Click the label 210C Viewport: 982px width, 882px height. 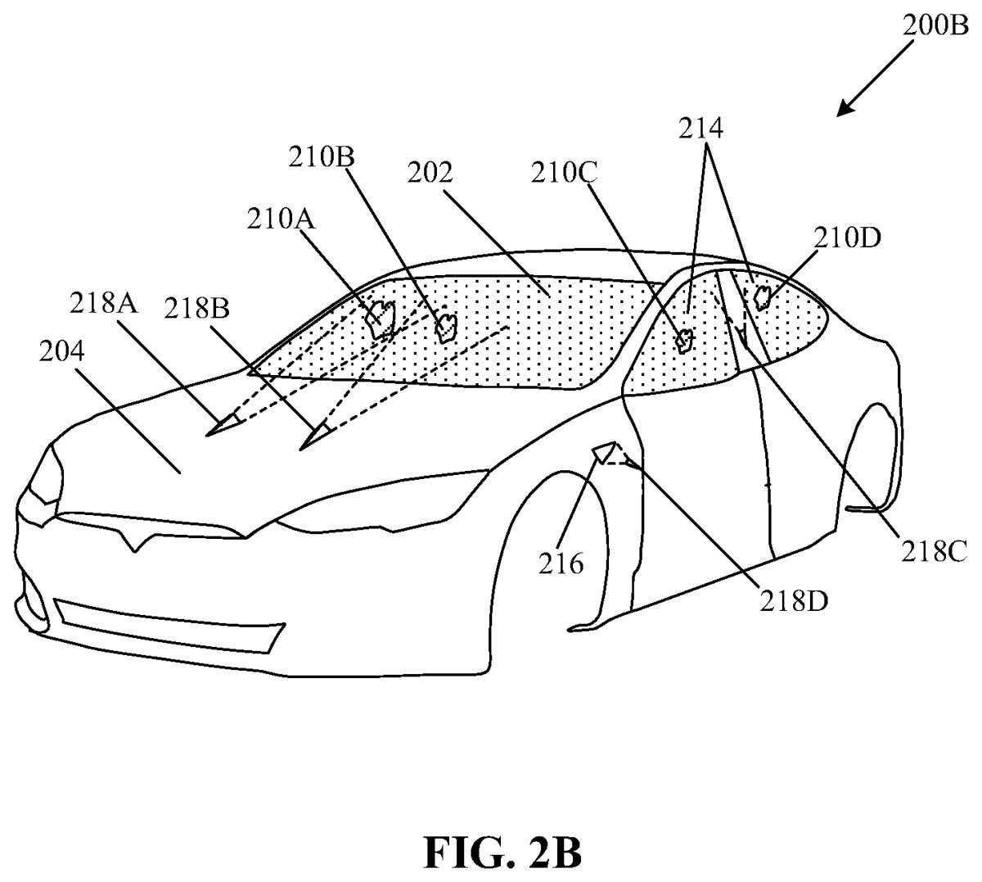(565, 173)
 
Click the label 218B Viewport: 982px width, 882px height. (196, 309)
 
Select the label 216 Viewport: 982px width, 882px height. (561, 563)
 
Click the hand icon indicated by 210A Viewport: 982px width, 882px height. (381, 319)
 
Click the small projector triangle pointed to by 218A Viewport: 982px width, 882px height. (223, 424)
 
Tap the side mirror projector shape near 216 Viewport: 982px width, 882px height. (606, 452)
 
